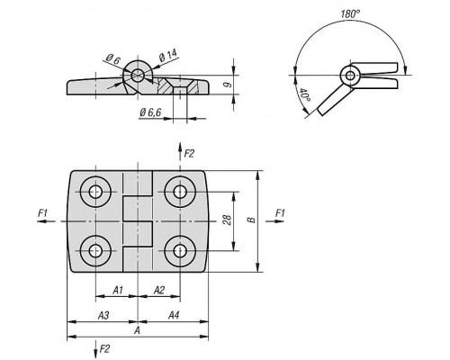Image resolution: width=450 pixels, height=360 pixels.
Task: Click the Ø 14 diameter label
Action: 168,55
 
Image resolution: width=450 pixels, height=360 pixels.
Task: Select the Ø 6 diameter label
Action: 112,59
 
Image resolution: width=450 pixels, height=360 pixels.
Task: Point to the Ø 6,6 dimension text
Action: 150,112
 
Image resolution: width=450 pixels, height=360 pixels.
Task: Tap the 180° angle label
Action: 350,13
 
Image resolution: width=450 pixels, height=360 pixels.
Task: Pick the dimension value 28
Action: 227,220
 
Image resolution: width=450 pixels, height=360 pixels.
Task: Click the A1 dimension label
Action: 118,290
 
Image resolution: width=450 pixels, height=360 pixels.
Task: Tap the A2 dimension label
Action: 159,290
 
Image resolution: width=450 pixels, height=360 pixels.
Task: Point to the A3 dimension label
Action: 103,315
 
